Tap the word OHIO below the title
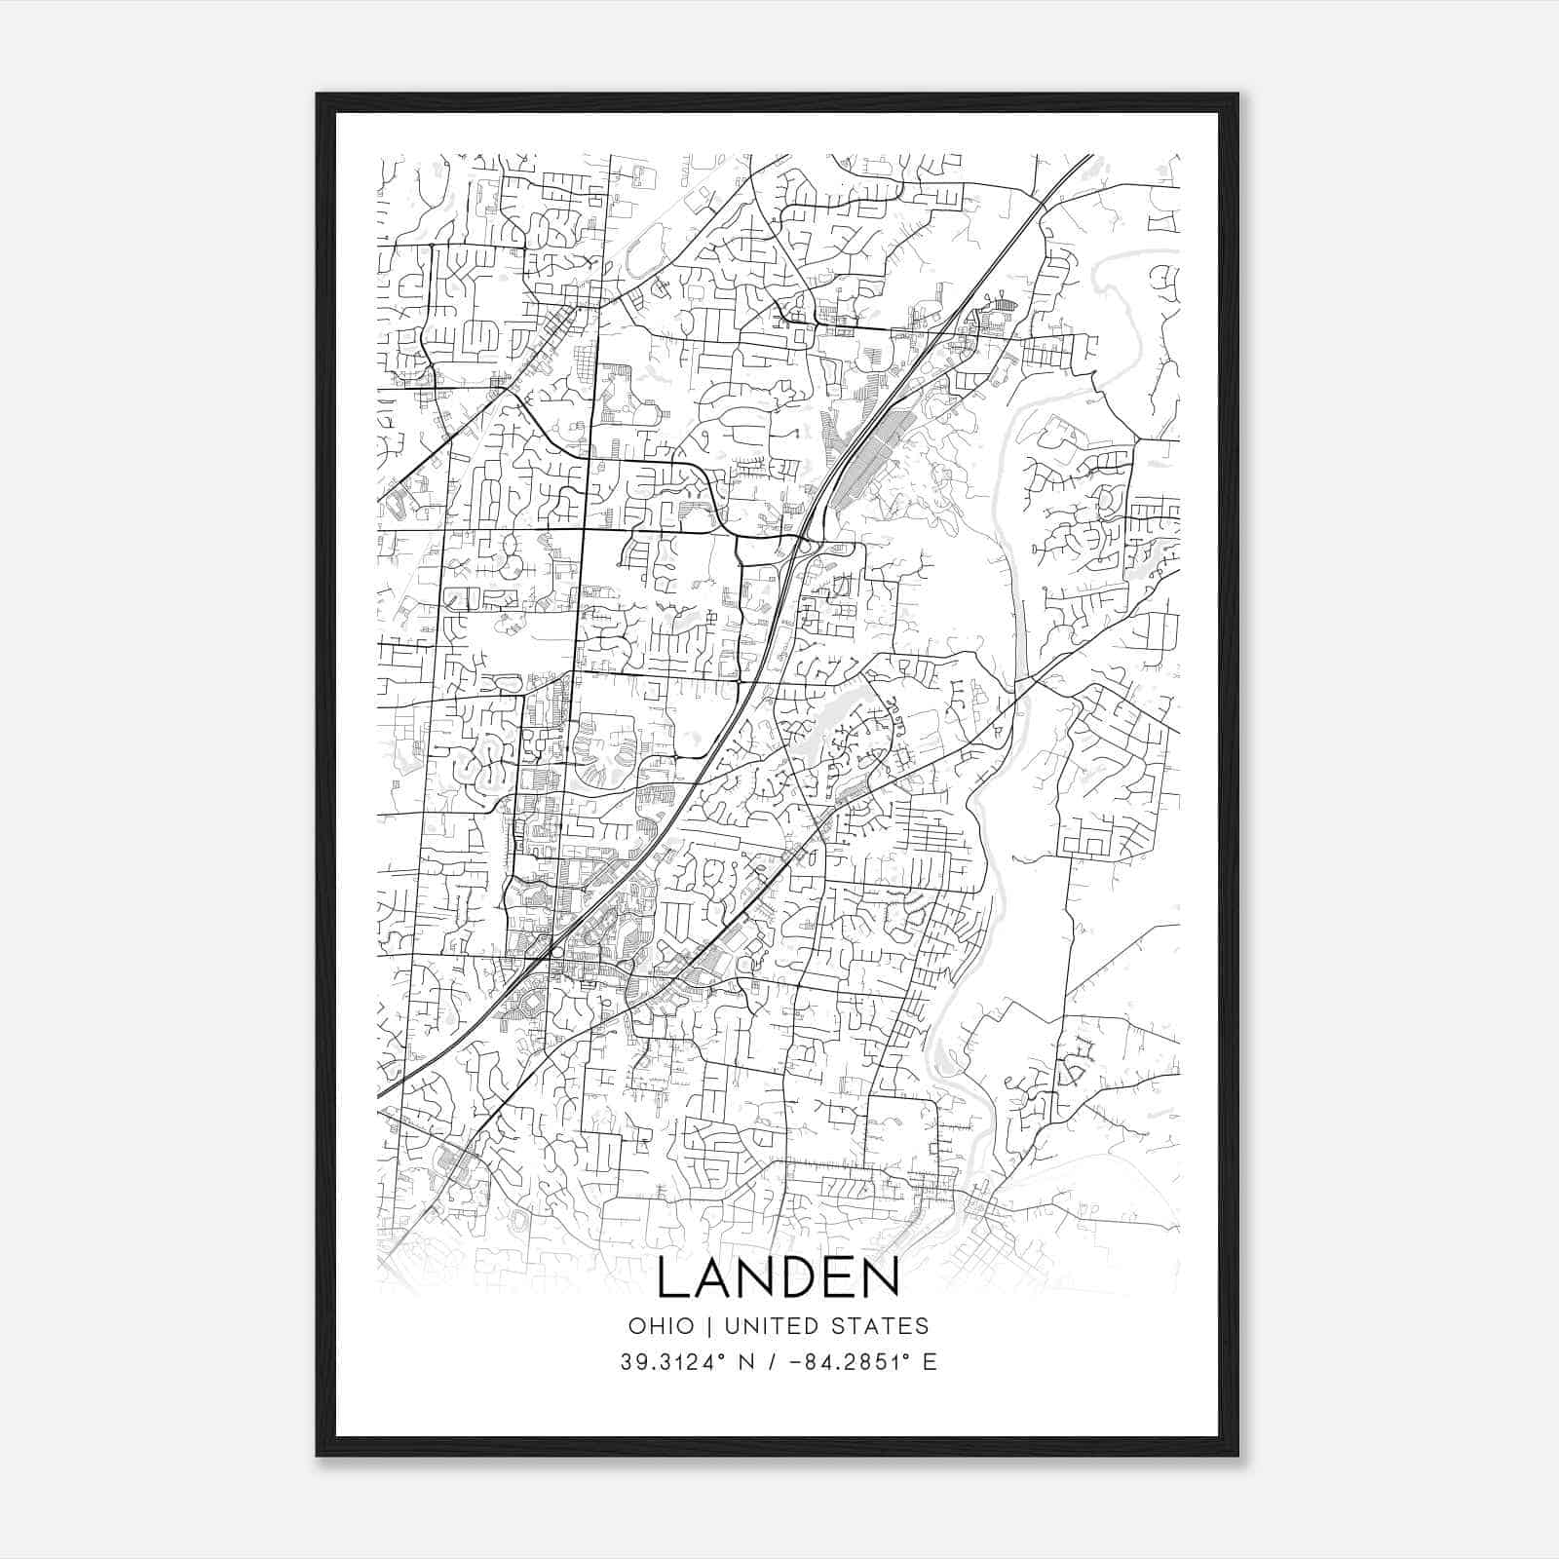coord(662,1325)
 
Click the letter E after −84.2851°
coord(930,1362)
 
